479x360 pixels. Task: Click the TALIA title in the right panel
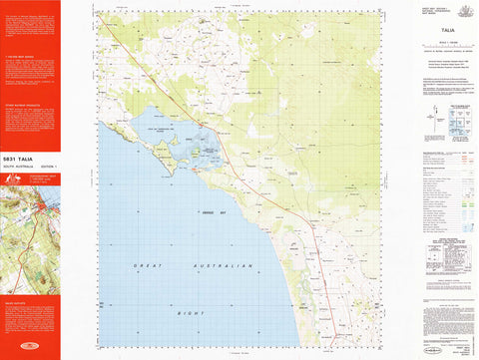(446, 32)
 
